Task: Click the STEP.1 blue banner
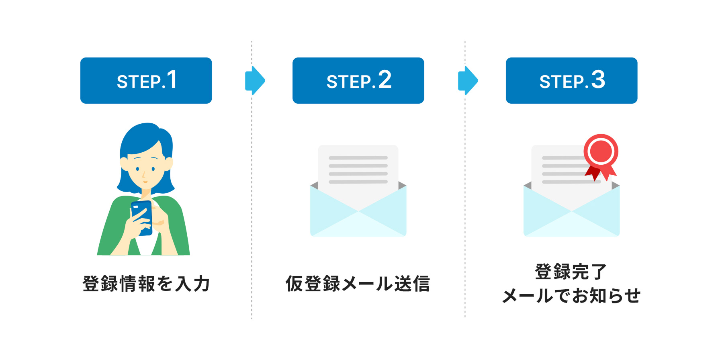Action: coord(146,80)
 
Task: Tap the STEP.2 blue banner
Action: coord(358,80)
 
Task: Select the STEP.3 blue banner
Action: coord(571,80)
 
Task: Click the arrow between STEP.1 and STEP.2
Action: coord(255,80)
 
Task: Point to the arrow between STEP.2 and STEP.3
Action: coord(468,80)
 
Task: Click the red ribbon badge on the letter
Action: coord(601,153)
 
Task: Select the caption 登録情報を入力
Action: coord(146,284)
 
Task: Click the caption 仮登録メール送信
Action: coord(358,284)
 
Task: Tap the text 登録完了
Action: coord(571,272)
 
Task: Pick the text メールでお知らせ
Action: coord(571,296)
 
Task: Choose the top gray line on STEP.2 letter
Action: coord(358,158)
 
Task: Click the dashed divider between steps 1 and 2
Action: coord(252,201)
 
